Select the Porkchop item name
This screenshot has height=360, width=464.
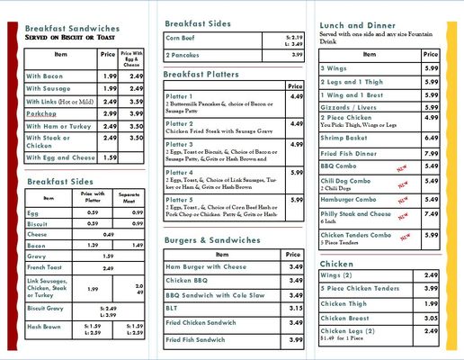(43, 114)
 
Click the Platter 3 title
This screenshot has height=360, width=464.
(180, 144)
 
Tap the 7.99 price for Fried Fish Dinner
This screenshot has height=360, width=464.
(431, 153)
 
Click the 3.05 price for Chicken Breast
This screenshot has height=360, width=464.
(431, 318)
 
